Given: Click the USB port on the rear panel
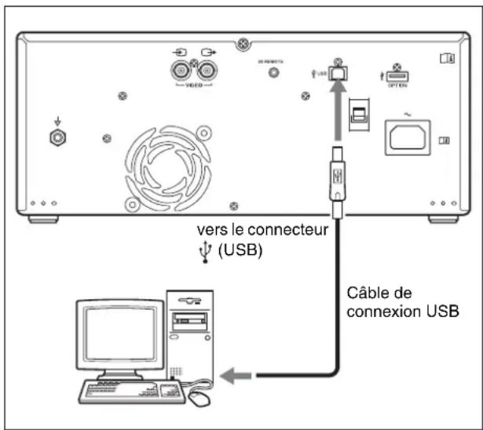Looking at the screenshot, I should [338, 72].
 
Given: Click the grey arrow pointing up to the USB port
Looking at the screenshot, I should [338, 106].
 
